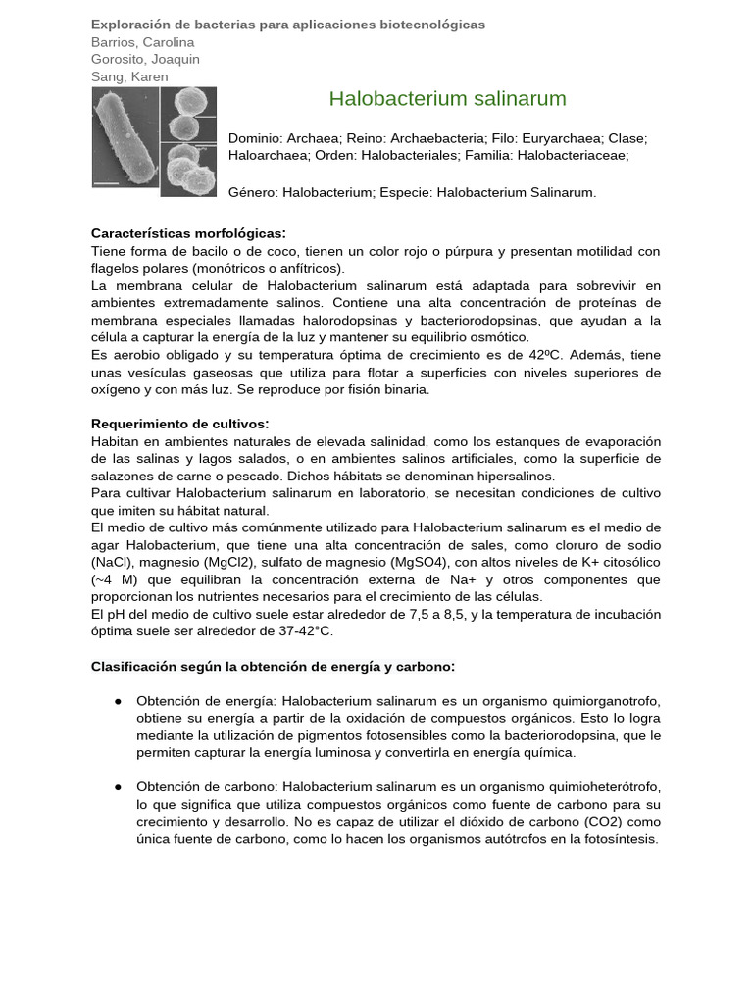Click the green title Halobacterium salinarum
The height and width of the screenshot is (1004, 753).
point(447,99)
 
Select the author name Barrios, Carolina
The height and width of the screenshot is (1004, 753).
point(142,42)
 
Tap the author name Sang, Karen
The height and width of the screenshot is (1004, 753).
point(129,76)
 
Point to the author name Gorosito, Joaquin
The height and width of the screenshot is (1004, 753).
point(145,59)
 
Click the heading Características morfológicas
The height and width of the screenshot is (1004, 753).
point(188,233)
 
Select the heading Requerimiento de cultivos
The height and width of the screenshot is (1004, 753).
point(179,424)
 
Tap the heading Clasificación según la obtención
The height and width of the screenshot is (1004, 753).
point(273,666)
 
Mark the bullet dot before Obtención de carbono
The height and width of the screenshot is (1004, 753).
point(118,787)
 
